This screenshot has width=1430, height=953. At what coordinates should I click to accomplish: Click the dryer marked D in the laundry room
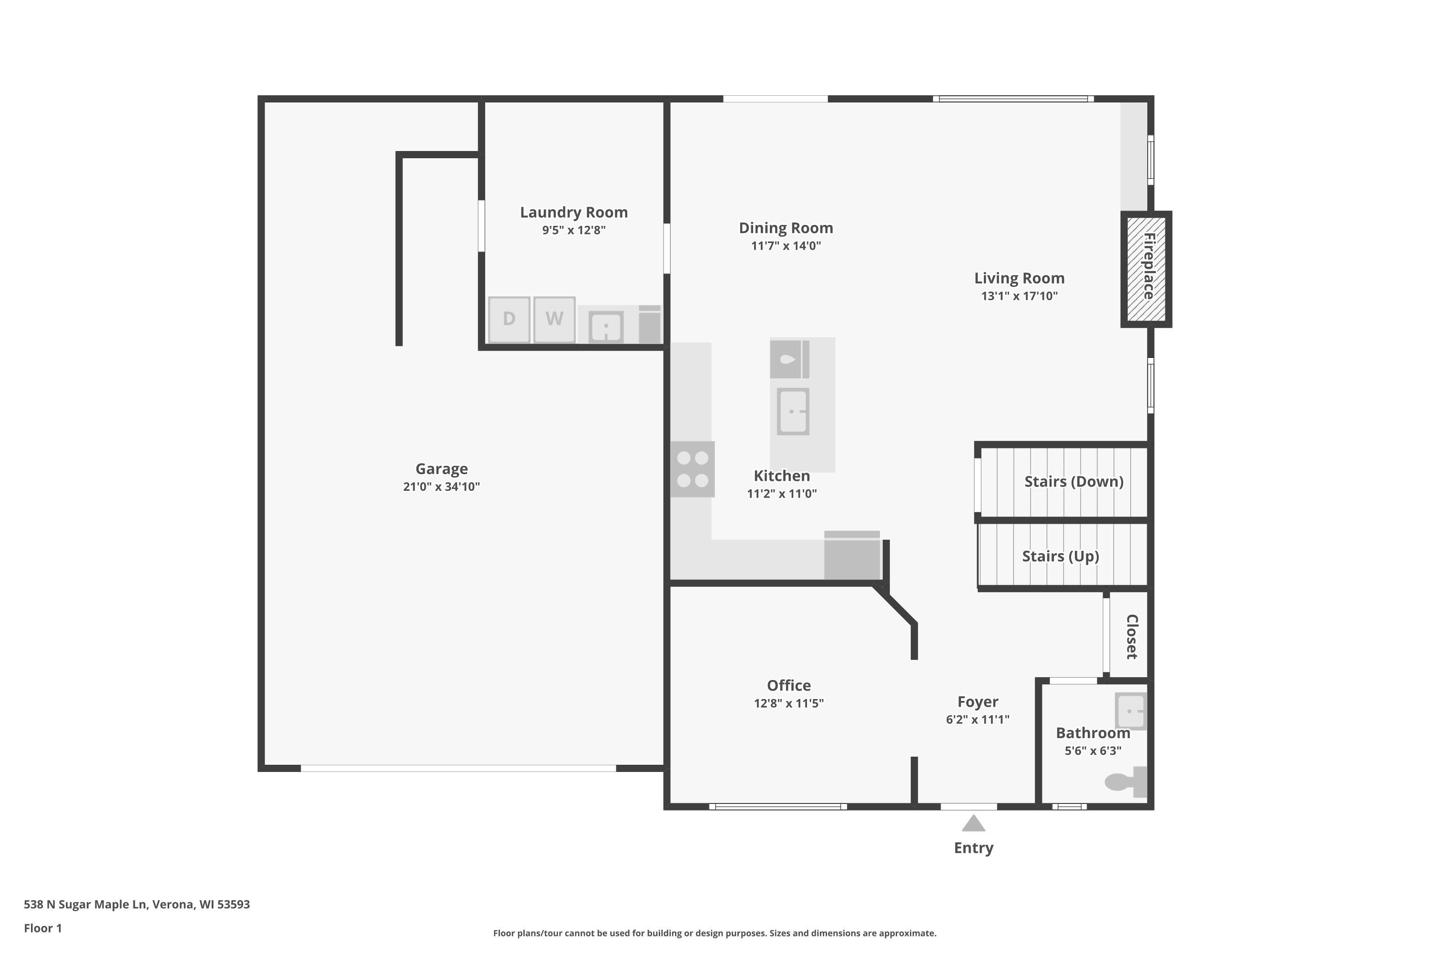[x=509, y=319]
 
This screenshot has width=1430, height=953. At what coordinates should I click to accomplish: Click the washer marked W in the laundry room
[x=554, y=319]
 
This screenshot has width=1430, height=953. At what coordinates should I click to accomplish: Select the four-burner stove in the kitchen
[x=693, y=469]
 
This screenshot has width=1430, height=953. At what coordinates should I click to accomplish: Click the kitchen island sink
[x=793, y=412]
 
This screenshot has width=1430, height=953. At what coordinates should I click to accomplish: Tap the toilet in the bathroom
[x=1124, y=781]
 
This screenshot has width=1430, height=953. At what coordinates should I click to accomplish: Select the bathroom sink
[x=1131, y=710]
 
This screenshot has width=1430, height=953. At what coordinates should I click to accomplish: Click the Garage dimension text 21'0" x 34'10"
[x=441, y=486]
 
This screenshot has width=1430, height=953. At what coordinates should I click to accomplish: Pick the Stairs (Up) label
[x=1060, y=556]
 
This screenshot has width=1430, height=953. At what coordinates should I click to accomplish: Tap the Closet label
[x=1132, y=636]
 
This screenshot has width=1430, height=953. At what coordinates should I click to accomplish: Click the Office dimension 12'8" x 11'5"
[x=788, y=703]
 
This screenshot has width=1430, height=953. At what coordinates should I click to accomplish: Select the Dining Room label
[x=786, y=228]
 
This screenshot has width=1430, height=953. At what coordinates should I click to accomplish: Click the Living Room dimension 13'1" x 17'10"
[x=1019, y=296]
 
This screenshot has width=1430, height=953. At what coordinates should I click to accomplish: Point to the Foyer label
[x=978, y=702]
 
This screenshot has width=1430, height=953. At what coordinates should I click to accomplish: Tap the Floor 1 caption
[x=42, y=928]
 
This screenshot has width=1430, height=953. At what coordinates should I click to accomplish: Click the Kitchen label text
[x=781, y=476]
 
